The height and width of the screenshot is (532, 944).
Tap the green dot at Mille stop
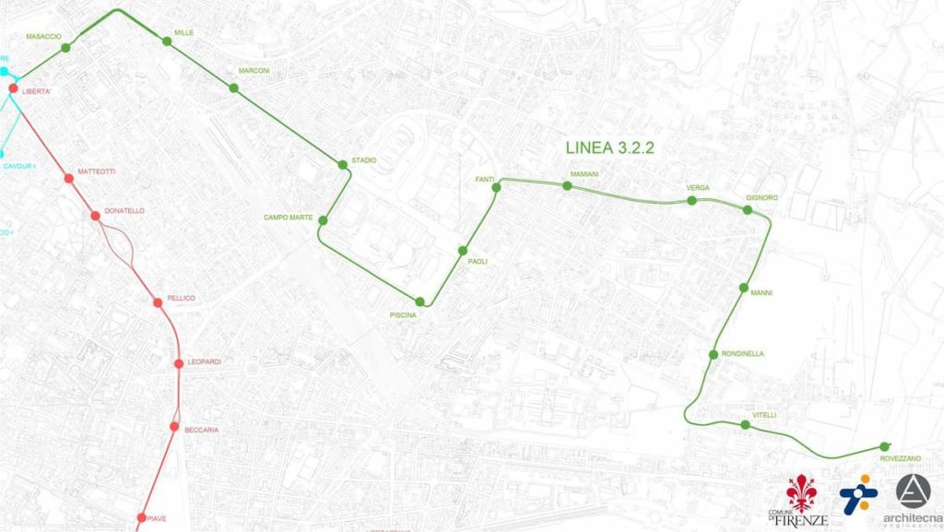167,41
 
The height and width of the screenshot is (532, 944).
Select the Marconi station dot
233,89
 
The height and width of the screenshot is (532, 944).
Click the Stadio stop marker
343,165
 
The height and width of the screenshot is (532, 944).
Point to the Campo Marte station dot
323,219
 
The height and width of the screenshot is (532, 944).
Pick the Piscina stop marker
420,301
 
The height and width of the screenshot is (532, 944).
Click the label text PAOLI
478,262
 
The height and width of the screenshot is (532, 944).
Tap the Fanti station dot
496,187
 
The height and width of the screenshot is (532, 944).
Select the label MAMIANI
585,174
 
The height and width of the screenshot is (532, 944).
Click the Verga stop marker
692,199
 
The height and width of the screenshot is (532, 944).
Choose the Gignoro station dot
748,210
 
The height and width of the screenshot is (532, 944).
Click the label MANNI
761,293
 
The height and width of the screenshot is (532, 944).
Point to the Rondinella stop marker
714,355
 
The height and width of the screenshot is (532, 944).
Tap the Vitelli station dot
745,425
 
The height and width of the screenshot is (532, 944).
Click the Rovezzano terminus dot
885,446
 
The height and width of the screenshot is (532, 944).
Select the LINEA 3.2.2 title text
609,148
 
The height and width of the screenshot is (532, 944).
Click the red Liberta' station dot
14,89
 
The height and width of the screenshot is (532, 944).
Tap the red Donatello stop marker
95,216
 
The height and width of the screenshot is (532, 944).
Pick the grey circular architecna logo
914,491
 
